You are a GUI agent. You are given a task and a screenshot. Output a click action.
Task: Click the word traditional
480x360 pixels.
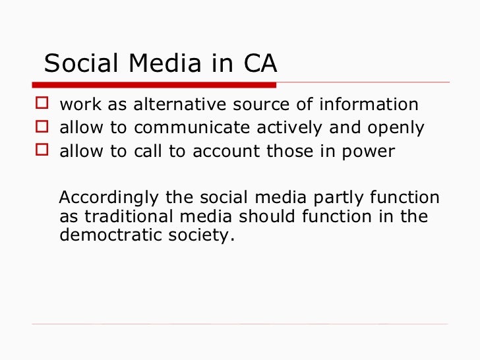144,217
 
